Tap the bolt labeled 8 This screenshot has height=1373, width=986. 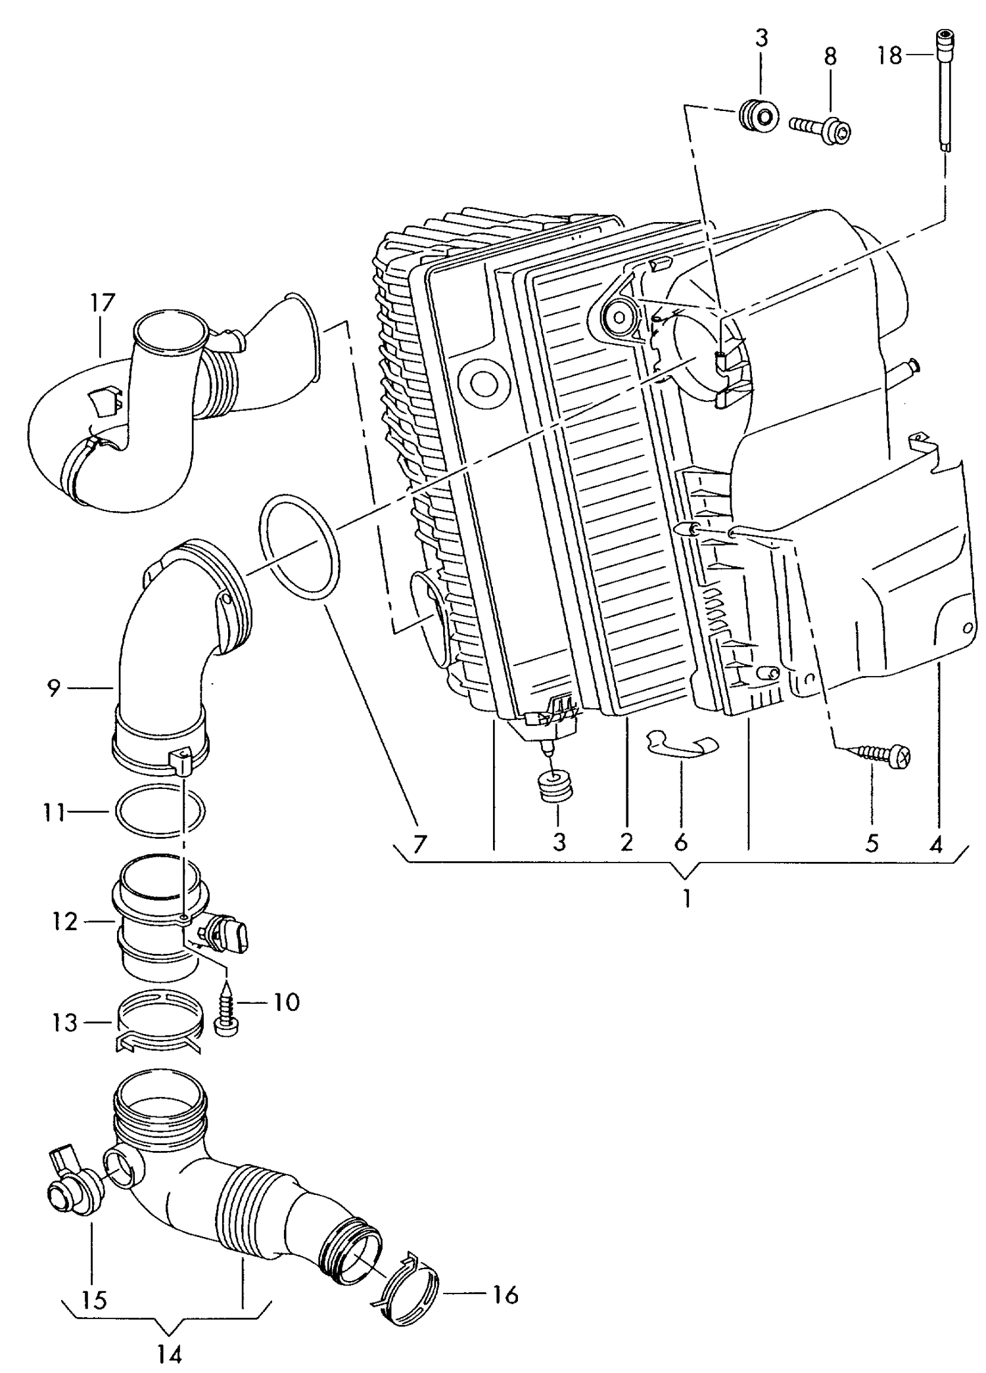821,129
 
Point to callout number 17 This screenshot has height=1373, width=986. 103,303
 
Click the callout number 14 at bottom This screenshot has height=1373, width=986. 170,1353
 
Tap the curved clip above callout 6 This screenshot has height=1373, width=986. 682,744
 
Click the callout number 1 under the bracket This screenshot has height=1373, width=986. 686,897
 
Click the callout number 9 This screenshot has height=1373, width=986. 54,688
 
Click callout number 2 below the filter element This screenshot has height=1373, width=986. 626,842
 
